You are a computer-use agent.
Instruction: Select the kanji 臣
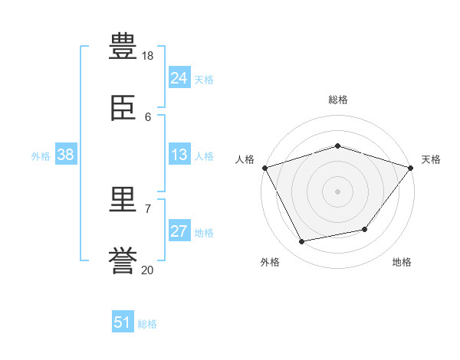tap(124, 109)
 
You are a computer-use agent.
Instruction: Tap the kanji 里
tap(124, 201)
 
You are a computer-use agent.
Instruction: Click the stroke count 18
tap(148, 56)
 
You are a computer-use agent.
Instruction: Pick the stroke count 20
tap(148, 270)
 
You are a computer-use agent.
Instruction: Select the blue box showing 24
tap(179, 78)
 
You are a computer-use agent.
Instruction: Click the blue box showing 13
tap(179, 155)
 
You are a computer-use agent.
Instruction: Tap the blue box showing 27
tap(179, 231)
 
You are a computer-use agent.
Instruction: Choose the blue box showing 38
tap(65, 155)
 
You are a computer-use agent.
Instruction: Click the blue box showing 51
tap(122, 322)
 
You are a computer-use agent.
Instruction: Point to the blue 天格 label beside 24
tap(204, 80)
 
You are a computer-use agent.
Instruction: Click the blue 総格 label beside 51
tap(147, 324)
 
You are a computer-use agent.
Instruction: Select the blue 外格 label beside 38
tap(41, 156)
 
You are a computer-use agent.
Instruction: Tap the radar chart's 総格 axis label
tap(338, 100)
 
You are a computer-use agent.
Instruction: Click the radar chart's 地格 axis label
tap(402, 262)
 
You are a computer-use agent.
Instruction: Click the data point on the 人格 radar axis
tap(264, 167)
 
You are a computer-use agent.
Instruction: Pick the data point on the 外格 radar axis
tap(301, 242)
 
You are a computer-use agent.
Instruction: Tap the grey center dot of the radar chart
tap(338, 191)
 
